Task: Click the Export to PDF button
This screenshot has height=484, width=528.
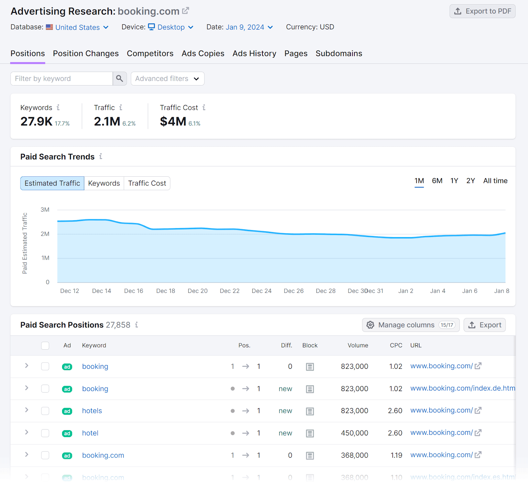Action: coord(482,11)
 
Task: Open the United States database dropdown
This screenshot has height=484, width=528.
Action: coord(82,27)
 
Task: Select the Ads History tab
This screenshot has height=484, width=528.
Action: coord(254,53)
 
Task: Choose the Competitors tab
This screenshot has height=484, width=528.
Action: coord(150,53)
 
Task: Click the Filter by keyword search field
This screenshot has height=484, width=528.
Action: coord(62,79)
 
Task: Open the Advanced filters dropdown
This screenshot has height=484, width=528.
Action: coord(167,79)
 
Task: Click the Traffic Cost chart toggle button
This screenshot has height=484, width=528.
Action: coord(147,183)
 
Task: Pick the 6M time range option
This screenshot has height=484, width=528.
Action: coord(437,181)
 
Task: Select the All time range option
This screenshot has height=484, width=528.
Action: coord(495,181)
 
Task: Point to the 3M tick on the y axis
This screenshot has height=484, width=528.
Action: coord(45,210)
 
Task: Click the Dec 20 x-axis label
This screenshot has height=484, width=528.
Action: coord(197,291)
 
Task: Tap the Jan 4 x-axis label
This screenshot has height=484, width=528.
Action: coord(438,291)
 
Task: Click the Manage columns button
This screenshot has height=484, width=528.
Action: coord(411,325)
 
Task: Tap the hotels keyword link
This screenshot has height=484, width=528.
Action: coord(92,411)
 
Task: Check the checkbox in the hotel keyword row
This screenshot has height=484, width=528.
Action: coord(45,433)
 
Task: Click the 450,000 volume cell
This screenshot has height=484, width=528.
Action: coord(354,433)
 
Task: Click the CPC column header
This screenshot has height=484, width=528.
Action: coord(396,345)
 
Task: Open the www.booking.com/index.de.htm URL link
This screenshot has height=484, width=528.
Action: coord(462,388)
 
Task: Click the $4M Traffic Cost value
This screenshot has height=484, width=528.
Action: coord(173,121)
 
